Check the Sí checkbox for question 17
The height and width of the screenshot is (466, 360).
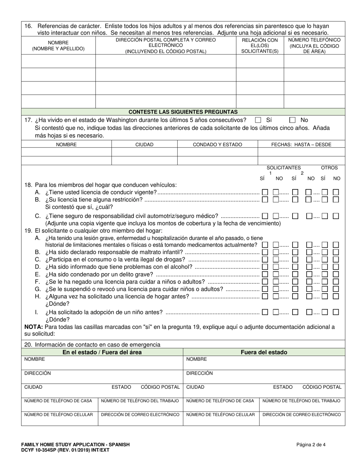point(258,120)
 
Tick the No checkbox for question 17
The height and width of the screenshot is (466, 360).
point(292,120)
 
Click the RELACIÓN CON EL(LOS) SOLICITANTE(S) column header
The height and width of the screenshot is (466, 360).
point(260,45)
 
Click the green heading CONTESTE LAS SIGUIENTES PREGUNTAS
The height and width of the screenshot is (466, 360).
point(183,112)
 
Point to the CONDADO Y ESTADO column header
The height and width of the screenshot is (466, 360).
point(218,144)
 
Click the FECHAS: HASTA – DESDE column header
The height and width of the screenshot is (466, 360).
point(301,144)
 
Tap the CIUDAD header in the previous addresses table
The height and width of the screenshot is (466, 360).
point(144,144)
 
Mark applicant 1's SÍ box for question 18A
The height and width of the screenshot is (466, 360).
point(265,192)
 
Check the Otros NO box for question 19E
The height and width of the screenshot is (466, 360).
point(336,274)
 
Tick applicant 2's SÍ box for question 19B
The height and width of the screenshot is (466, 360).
point(295,252)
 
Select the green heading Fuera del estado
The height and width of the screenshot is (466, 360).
point(264,352)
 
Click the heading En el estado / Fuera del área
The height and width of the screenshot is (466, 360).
point(102,352)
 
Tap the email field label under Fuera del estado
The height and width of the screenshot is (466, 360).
point(302,414)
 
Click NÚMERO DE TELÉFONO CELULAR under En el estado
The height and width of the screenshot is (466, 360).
point(59,414)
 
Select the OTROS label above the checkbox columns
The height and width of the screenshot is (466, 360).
point(329,168)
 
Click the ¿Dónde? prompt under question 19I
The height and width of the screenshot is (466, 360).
point(57,319)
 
